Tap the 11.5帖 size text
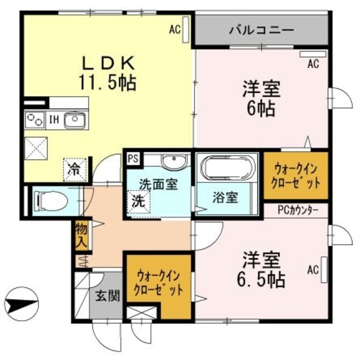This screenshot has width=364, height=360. coord(107,82)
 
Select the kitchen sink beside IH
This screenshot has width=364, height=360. coord(75,120)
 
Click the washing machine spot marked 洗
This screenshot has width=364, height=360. coord(139,202)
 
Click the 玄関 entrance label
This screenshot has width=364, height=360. coord(107,295)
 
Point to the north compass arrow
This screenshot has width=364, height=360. coord(22,300)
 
